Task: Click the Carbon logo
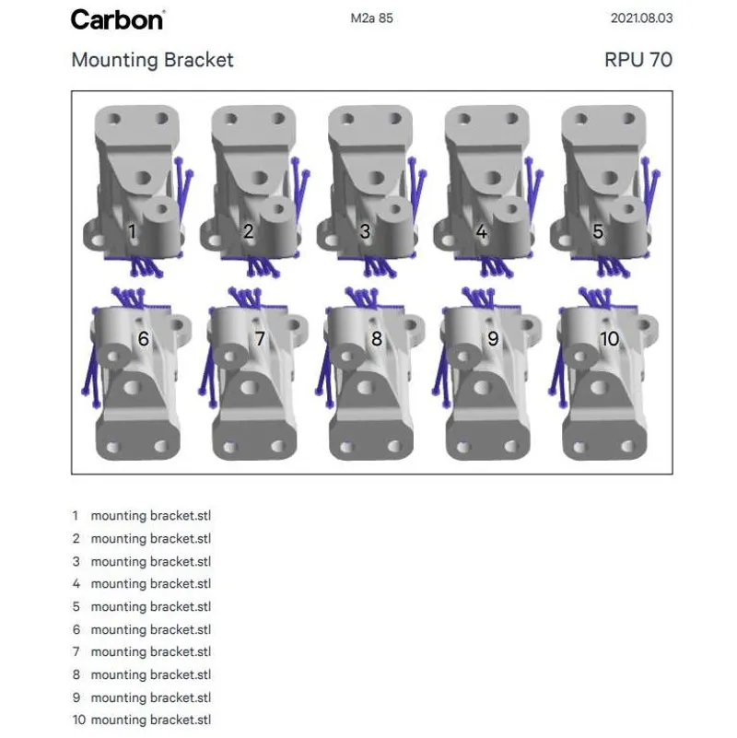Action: [118, 18]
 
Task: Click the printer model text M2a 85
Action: [372, 18]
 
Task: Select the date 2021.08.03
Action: [641, 18]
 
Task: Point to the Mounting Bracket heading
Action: [152, 61]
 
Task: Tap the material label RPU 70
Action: [638, 61]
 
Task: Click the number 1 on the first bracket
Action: [133, 231]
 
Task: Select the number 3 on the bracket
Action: [365, 231]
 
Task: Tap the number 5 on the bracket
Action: [598, 231]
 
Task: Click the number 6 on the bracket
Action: [144, 339]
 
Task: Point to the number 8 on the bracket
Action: [376, 339]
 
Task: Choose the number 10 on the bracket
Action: [610, 339]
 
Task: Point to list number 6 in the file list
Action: [76, 629]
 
